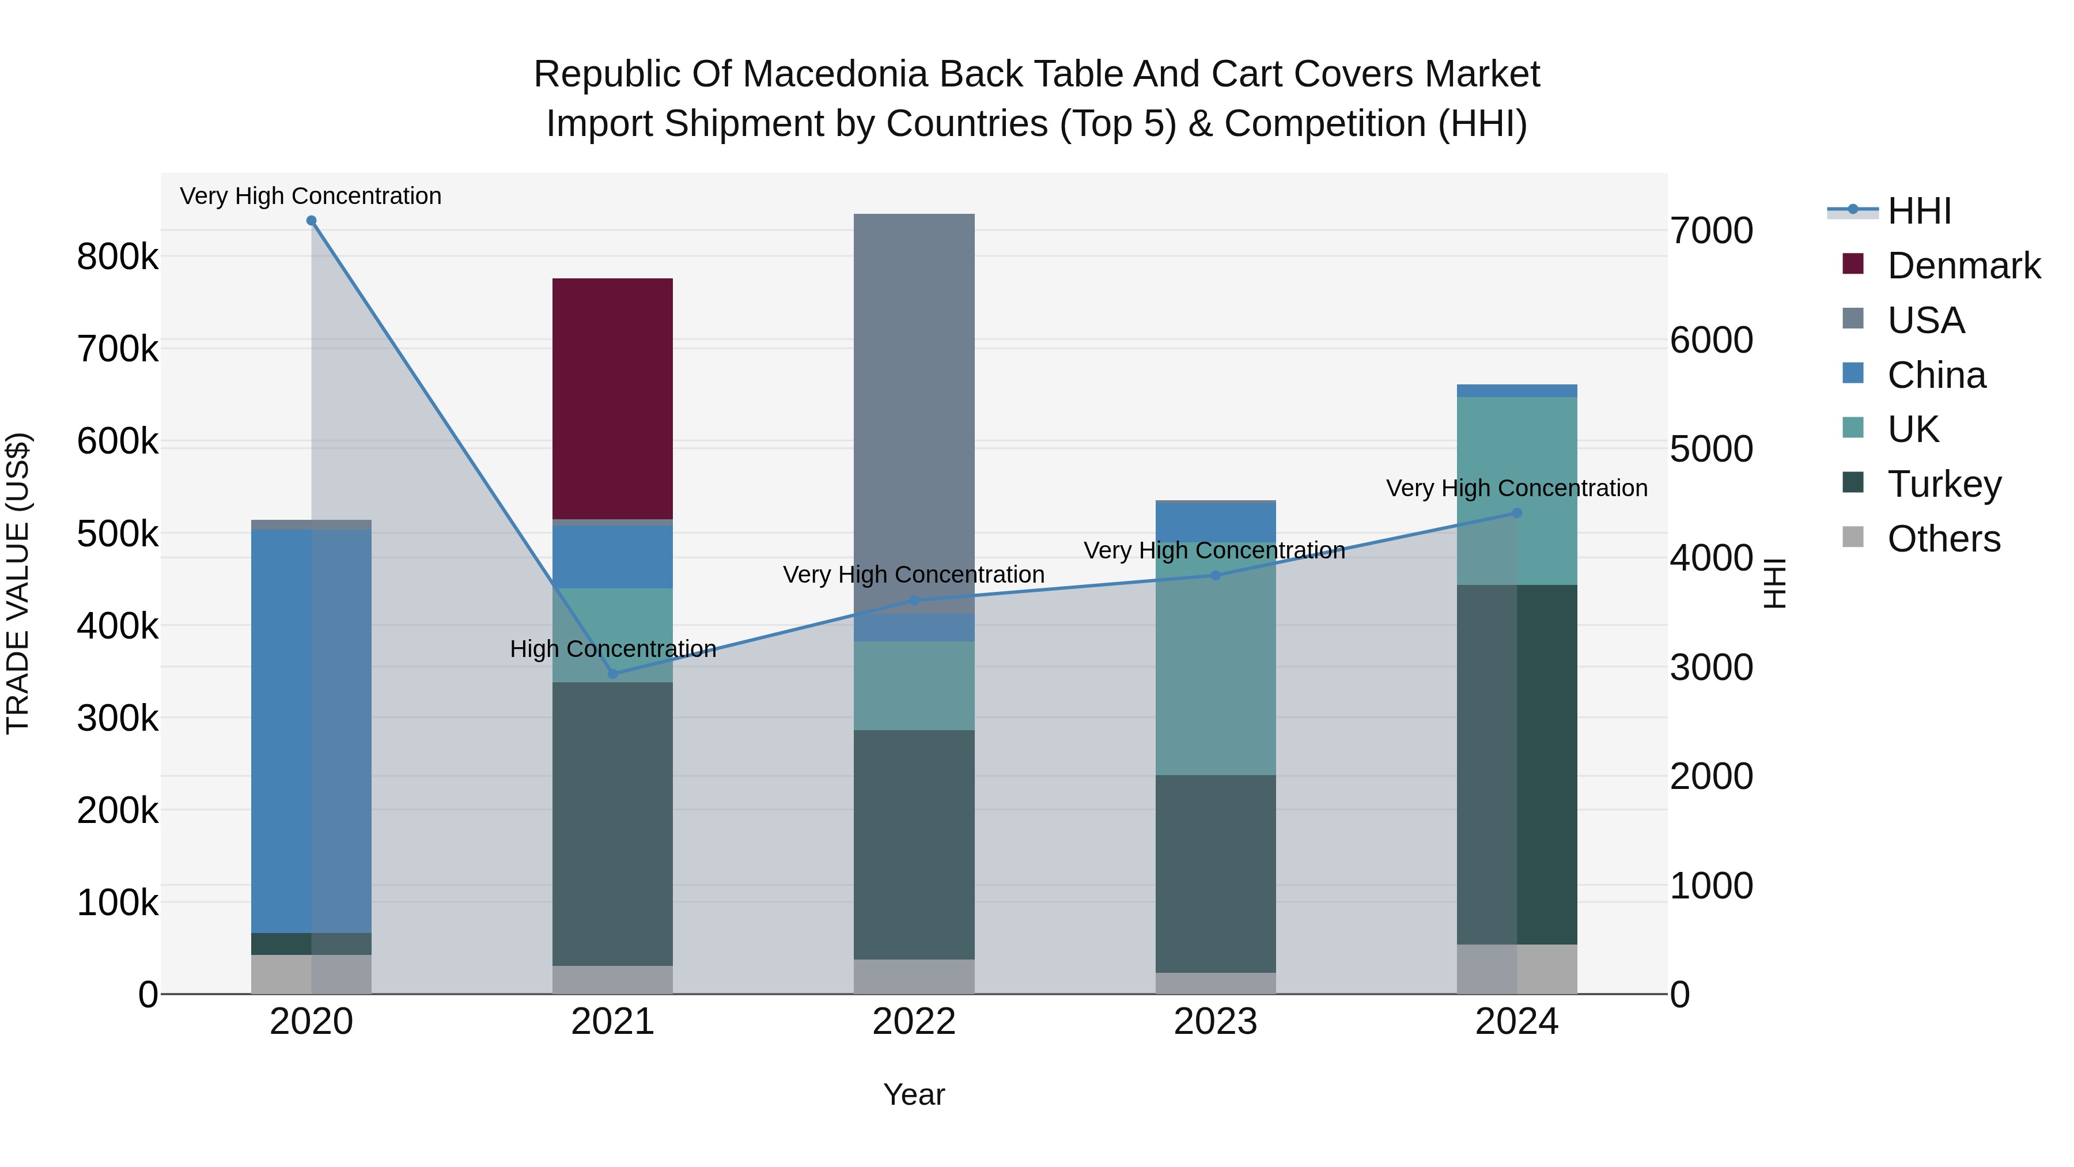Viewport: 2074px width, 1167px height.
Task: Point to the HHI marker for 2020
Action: [312, 221]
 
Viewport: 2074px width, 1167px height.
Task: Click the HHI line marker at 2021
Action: [613, 673]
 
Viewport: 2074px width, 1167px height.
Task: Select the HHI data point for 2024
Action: [1517, 513]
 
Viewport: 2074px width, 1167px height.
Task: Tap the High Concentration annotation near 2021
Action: [613, 648]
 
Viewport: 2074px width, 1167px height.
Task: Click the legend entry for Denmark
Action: [1963, 266]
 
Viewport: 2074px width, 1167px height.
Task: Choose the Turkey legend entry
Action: [1944, 484]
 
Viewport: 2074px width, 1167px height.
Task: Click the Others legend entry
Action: [1944, 539]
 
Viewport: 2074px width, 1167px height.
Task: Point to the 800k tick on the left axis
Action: [118, 258]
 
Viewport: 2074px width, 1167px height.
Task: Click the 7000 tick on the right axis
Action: [1711, 231]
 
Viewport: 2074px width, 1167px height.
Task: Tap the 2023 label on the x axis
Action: [1215, 1022]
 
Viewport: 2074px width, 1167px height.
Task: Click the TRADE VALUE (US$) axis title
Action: [18, 583]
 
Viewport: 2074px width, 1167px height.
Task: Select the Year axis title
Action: [914, 1094]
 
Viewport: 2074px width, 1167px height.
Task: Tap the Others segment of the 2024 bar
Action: [1516, 969]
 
